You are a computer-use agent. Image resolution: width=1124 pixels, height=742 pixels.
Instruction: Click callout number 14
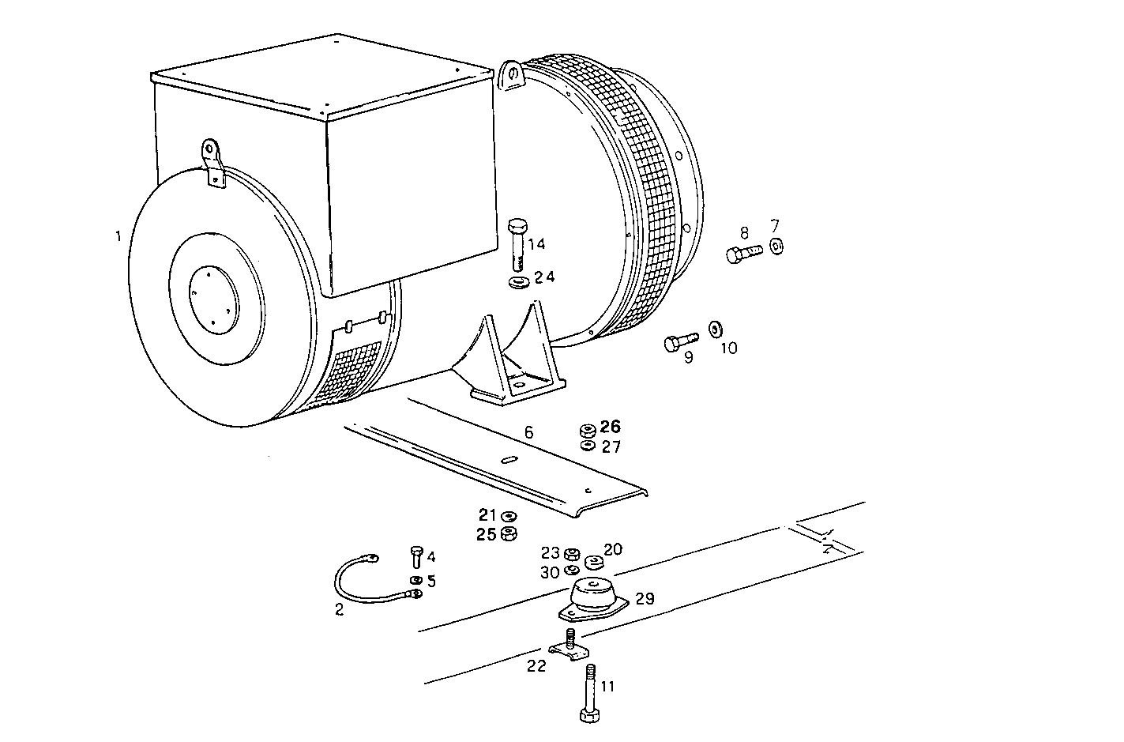click(536, 244)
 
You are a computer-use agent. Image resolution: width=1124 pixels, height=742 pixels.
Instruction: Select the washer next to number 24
click(519, 281)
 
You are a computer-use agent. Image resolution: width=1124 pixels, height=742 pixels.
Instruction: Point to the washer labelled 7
click(776, 247)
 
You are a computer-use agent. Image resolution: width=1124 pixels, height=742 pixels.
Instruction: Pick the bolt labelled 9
click(679, 341)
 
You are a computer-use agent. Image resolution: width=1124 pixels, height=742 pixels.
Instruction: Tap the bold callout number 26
click(611, 427)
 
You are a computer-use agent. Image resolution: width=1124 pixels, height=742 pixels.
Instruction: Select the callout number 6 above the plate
click(528, 432)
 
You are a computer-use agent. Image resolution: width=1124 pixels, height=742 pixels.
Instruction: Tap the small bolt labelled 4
click(417, 557)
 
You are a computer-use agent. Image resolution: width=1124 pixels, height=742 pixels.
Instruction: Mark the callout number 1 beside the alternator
click(118, 236)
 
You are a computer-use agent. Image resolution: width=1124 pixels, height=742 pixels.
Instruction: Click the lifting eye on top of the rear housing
click(512, 76)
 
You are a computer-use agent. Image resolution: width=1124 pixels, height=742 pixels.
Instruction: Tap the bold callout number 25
click(486, 534)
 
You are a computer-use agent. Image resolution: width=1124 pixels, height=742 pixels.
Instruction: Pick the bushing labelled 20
click(595, 562)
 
